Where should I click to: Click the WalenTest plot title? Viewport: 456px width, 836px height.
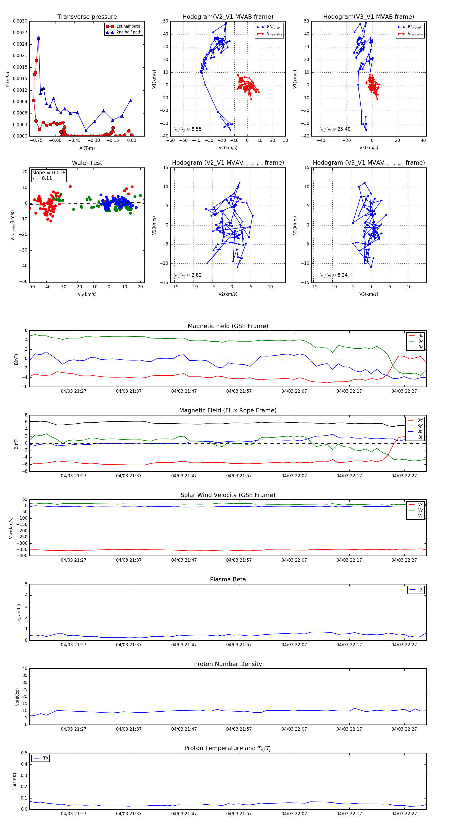[x=87, y=163]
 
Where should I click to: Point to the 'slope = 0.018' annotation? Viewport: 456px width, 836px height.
[x=49, y=173]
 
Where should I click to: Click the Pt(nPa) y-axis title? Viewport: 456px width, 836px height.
[x=8, y=79]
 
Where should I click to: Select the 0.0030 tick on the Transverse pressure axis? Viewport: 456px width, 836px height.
[x=20, y=21]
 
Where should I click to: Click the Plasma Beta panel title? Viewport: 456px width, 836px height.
[x=228, y=579]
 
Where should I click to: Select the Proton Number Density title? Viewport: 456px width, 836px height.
[x=228, y=664]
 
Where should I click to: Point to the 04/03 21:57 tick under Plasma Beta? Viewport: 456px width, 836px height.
[x=239, y=644]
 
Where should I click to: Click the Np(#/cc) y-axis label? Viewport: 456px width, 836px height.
[x=17, y=697]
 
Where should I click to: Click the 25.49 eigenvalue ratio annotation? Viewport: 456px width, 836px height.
[x=344, y=129]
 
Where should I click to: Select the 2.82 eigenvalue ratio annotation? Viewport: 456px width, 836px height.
[x=196, y=275]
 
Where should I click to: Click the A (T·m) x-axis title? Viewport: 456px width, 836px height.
[x=87, y=148]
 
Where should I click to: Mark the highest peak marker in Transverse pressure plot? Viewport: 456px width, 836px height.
[x=39, y=38]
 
